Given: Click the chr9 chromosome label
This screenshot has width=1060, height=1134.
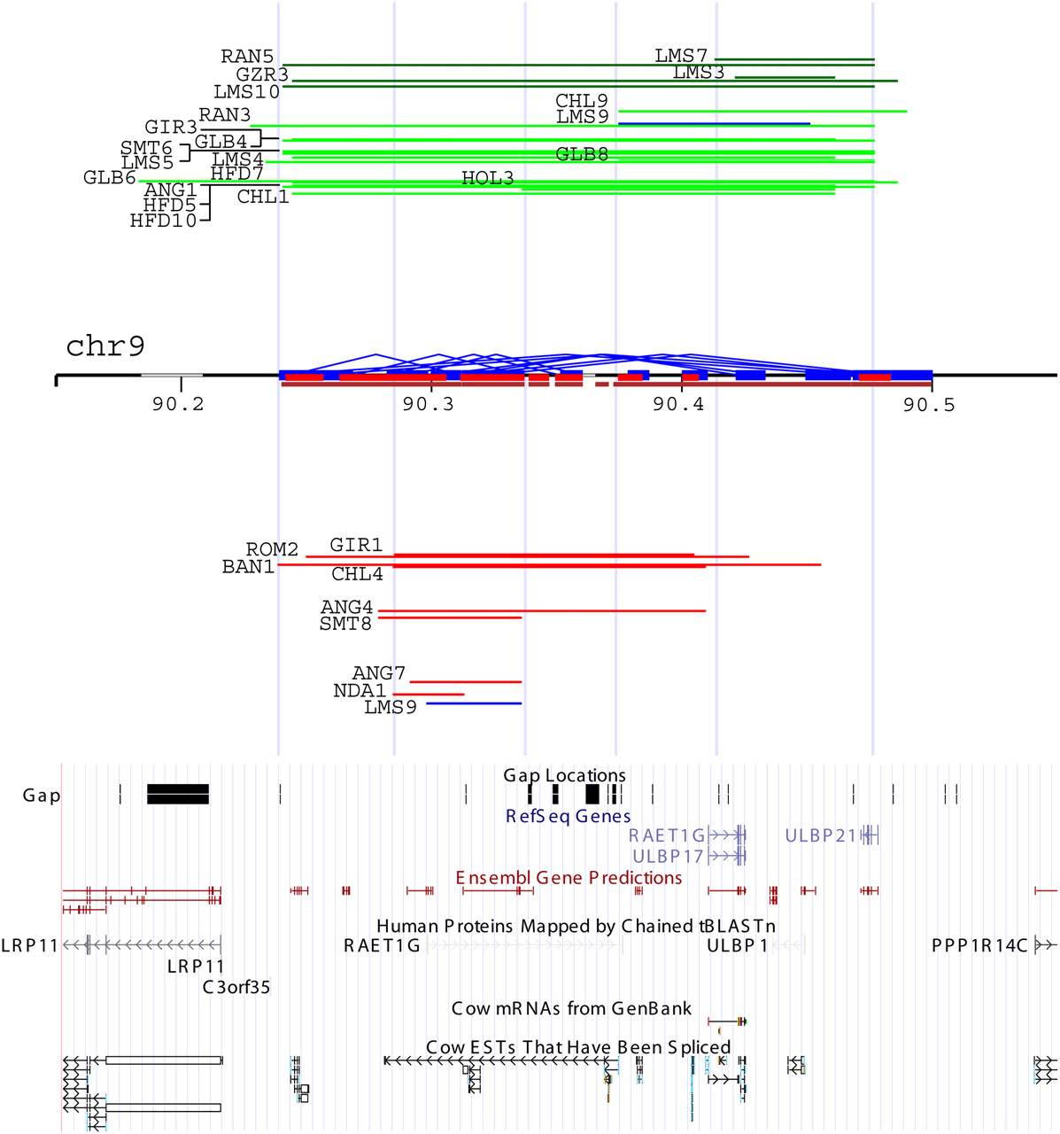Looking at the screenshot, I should click(x=105, y=346).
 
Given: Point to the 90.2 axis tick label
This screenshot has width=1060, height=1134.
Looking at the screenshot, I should click(x=178, y=405).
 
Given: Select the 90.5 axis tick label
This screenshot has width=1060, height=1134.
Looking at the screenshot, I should click(x=930, y=405).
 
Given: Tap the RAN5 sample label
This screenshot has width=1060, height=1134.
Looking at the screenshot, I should click(x=247, y=57).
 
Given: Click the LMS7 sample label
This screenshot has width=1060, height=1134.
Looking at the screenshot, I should click(x=681, y=56).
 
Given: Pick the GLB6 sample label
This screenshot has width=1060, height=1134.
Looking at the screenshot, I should click(x=110, y=178).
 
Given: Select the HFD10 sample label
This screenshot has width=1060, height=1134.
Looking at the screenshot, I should click(x=164, y=221).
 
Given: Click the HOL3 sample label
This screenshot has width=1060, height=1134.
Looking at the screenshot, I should click(x=488, y=178).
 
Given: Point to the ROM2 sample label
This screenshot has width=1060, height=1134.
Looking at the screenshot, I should click(x=272, y=550).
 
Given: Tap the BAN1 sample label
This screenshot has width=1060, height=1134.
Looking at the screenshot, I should click(x=248, y=566).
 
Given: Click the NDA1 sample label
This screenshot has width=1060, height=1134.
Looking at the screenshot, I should click(x=360, y=690).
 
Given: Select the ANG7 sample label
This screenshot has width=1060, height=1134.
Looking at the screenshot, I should click(x=379, y=674).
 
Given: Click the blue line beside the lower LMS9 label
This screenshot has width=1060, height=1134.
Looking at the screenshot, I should click(x=474, y=703).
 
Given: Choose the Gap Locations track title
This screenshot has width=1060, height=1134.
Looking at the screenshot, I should click(x=565, y=775).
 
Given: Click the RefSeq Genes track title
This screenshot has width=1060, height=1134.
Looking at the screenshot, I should click(x=569, y=816).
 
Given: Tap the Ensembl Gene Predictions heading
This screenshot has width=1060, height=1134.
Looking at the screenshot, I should click(x=569, y=878).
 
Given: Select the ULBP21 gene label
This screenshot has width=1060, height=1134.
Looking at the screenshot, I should click(x=821, y=835).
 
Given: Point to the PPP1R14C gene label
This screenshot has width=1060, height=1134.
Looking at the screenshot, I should click(x=979, y=945).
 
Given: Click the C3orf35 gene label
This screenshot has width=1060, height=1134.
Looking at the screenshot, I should click(x=236, y=987).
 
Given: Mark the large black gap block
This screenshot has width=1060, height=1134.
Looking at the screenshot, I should click(x=178, y=794).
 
